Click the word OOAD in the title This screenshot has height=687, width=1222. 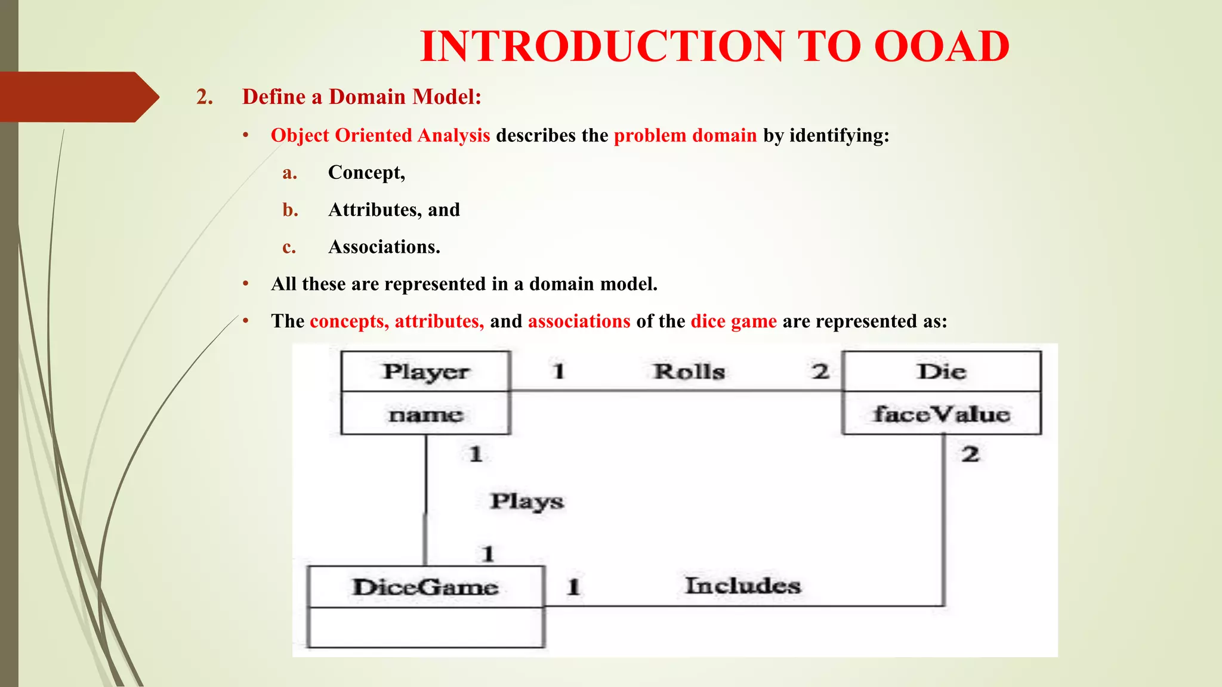point(942,47)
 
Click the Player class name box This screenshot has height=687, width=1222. point(426,372)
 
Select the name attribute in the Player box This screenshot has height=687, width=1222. point(426,414)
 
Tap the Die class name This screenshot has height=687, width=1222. point(942,372)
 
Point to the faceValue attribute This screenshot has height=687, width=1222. point(942,414)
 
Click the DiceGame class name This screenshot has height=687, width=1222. point(425,587)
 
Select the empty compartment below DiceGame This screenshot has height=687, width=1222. point(425,627)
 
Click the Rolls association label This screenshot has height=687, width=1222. point(689,372)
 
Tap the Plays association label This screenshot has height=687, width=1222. point(527,502)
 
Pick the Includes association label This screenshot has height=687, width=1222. point(743,586)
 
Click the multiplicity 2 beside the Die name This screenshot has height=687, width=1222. point(820,372)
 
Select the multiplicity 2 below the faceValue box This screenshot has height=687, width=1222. point(970,454)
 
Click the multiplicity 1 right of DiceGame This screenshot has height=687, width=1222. point(573,587)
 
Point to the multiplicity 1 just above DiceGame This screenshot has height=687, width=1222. point(488,554)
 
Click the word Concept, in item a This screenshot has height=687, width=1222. point(366,172)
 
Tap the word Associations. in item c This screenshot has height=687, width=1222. point(384,247)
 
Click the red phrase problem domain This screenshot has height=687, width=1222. point(685,135)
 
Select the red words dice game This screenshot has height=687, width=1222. point(733,321)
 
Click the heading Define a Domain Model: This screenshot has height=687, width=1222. point(362,97)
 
